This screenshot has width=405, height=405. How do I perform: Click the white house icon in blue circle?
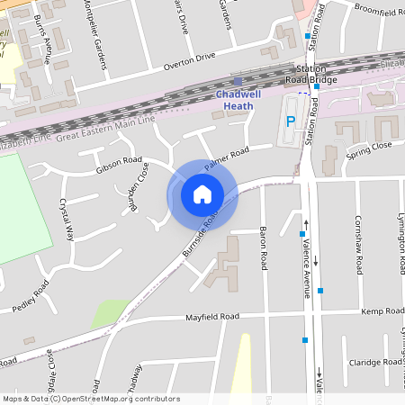coord(202,193)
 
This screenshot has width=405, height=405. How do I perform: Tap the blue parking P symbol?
coord(290,122)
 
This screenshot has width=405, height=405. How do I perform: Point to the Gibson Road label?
coord(119,165)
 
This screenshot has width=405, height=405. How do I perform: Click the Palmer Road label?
coord(225,159)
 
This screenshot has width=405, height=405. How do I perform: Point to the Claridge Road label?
coord(375,362)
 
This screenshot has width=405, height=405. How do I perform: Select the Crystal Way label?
coord(66,220)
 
